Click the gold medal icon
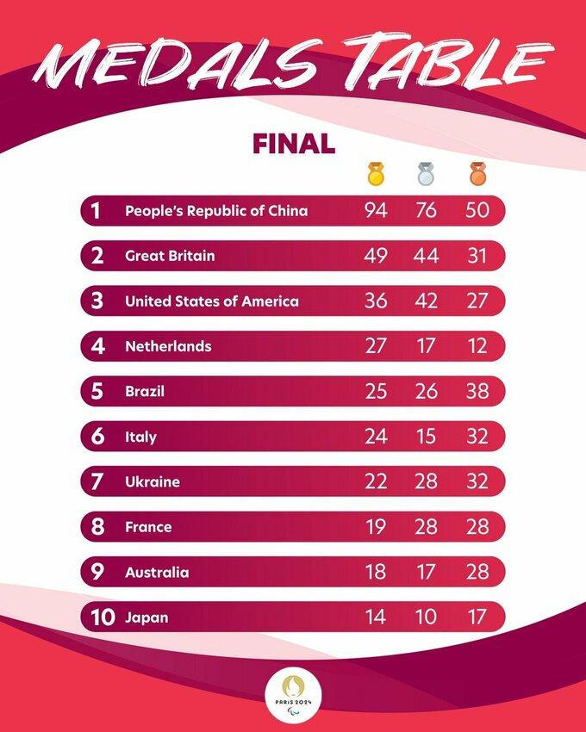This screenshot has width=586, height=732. click(x=376, y=174)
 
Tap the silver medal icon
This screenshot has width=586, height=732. click(x=425, y=174)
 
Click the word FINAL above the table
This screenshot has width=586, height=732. click(x=293, y=143)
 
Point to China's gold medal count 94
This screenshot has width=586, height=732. click(x=376, y=211)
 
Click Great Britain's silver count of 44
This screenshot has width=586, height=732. click(x=425, y=256)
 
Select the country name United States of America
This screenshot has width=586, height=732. click(x=212, y=301)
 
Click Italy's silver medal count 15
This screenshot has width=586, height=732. click(x=425, y=437)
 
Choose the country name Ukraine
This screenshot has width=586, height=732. click(x=153, y=482)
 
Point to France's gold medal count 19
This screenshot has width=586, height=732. click(x=376, y=527)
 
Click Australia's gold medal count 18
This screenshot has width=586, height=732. click(x=376, y=573)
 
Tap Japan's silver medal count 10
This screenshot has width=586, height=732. click(x=425, y=617)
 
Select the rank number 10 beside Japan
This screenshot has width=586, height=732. click(x=103, y=617)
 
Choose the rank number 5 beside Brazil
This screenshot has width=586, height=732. click(x=98, y=392)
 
